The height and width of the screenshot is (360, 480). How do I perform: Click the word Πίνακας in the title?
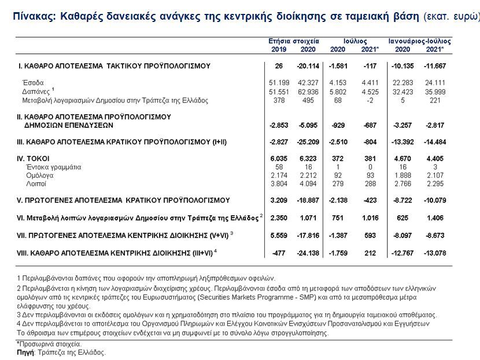tap(34, 16)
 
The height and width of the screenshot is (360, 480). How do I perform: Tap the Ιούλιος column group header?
tap(355, 42)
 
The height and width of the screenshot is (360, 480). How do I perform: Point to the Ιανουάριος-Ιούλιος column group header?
tap(419, 42)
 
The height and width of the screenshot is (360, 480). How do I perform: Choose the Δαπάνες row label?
tap(35, 91)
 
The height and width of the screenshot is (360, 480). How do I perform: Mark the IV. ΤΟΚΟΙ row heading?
tap(34, 158)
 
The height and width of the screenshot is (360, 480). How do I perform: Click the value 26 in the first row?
tap(279, 66)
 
